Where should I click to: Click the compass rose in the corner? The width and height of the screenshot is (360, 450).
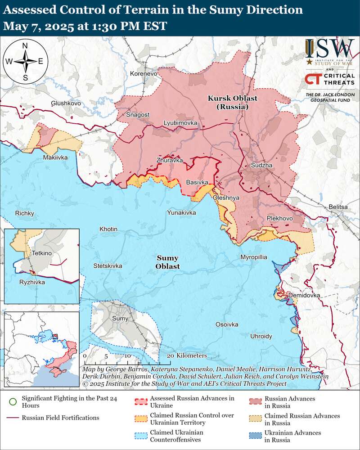tap(25, 61)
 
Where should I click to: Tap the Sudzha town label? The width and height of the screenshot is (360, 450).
tap(262, 166)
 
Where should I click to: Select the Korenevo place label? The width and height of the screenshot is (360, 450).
tap(144, 73)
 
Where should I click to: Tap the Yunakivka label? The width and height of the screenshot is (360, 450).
tap(181, 212)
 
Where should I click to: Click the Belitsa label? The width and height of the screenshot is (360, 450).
tap(338, 207)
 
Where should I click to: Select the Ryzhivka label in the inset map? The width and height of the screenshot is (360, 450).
tap(32, 282)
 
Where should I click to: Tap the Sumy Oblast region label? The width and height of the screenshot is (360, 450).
tap(167, 262)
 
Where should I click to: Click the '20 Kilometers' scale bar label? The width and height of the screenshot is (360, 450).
tap(186, 355)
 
